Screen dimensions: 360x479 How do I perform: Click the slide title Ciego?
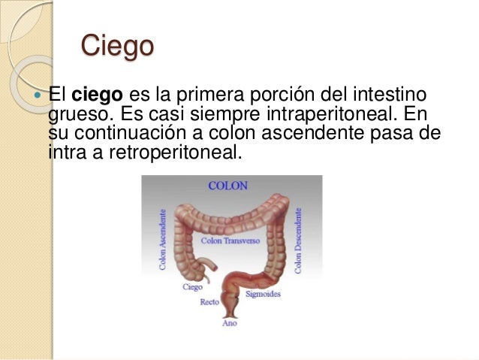click(x=116, y=46)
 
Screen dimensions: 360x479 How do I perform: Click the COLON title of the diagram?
click(x=227, y=185)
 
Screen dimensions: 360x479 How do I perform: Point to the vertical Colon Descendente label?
click(x=299, y=241)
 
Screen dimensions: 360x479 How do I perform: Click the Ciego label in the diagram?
click(x=192, y=286)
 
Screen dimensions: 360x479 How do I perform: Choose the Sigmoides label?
click(x=264, y=294)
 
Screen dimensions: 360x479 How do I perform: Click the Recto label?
click(x=209, y=303)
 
